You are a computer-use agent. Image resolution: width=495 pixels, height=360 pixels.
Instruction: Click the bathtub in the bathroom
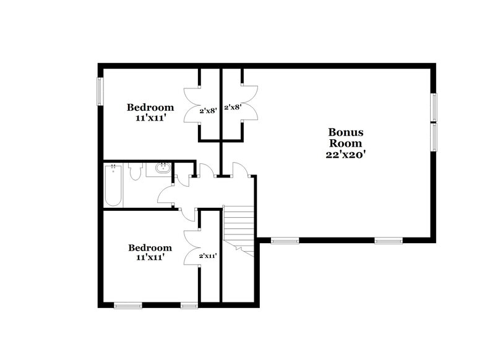(x=114, y=186)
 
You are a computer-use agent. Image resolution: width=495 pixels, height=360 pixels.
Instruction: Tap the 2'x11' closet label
(x=207, y=255)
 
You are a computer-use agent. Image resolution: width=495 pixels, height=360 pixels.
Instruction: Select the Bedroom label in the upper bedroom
(x=150, y=106)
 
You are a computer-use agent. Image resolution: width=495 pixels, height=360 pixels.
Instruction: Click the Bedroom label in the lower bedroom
(x=150, y=247)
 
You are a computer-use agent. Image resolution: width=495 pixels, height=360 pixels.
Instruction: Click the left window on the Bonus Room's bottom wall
(x=285, y=241)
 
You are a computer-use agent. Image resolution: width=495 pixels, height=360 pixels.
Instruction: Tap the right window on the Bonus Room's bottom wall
(x=389, y=241)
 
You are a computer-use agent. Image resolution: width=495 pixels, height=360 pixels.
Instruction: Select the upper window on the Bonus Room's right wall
(x=434, y=107)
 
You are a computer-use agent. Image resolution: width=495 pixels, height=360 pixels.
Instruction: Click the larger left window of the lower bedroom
(x=128, y=304)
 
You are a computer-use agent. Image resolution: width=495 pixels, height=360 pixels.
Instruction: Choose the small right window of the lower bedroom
(x=189, y=304)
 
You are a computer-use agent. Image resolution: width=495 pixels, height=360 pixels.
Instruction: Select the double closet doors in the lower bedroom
(x=190, y=247)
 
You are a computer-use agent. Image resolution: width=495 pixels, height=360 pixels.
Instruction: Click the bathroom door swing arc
(x=166, y=196)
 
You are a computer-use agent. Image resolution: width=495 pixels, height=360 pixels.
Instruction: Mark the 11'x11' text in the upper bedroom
(x=150, y=117)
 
